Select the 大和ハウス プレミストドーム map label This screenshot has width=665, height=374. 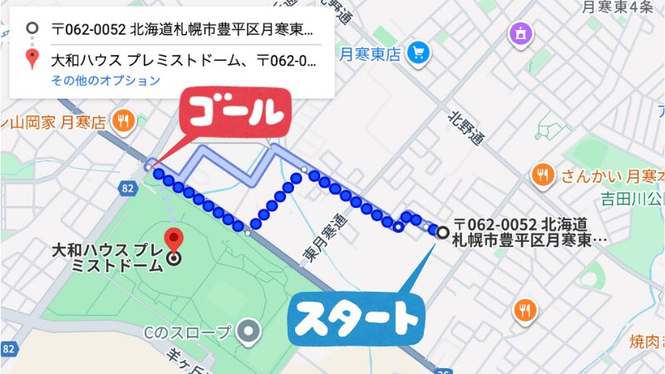(107, 258)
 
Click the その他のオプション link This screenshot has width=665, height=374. (105, 81)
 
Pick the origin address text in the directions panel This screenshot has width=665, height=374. (182, 29)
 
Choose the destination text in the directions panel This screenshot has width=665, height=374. (183, 61)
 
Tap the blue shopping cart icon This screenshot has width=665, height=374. (419, 52)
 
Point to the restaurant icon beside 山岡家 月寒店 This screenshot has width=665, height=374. (124, 120)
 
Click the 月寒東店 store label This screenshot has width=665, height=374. (371, 53)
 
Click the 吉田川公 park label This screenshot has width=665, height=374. (635, 199)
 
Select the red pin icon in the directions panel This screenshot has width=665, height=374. (32, 59)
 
